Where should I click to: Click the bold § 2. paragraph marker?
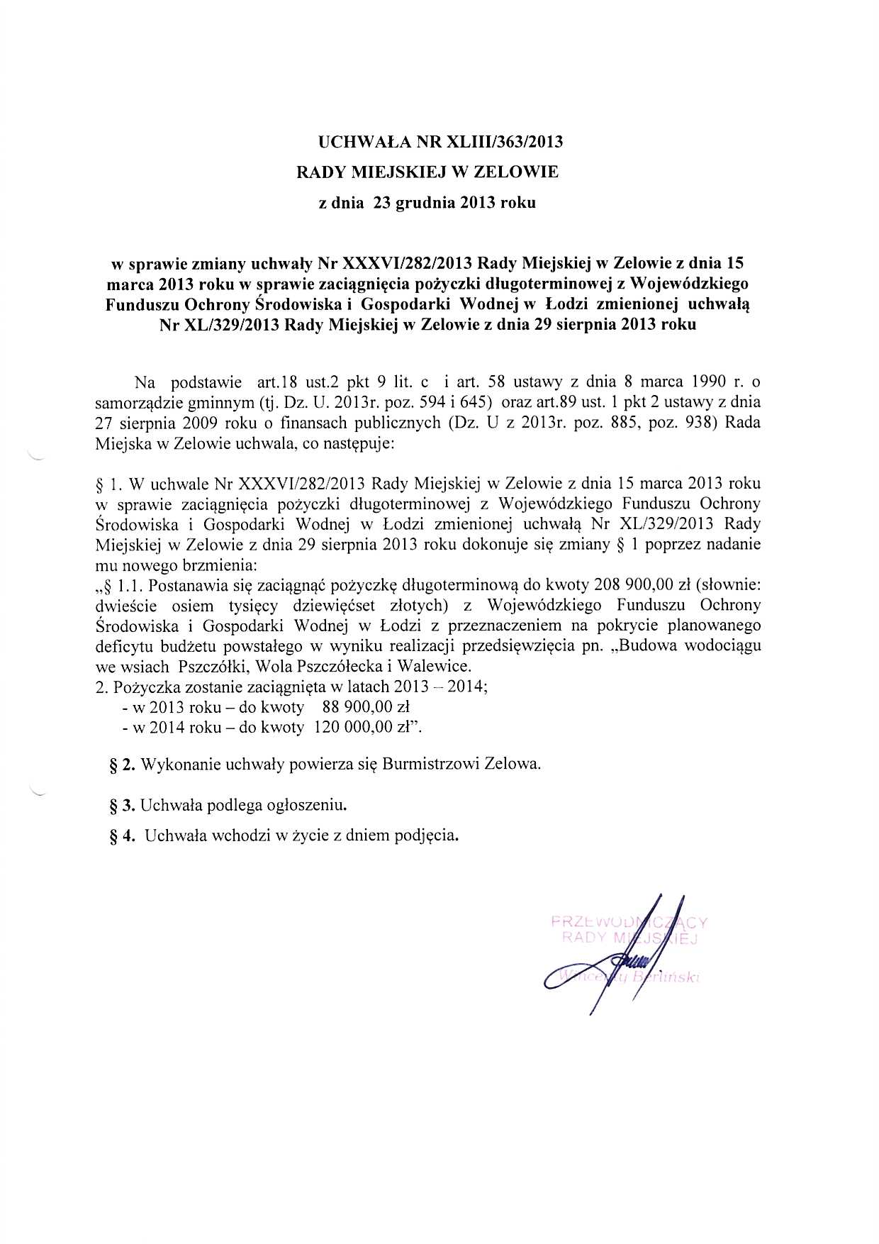tap(122, 765)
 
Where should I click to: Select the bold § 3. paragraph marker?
tap(122, 806)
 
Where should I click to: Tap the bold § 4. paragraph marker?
tap(122, 835)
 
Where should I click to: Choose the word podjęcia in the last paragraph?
tap(423, 835)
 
